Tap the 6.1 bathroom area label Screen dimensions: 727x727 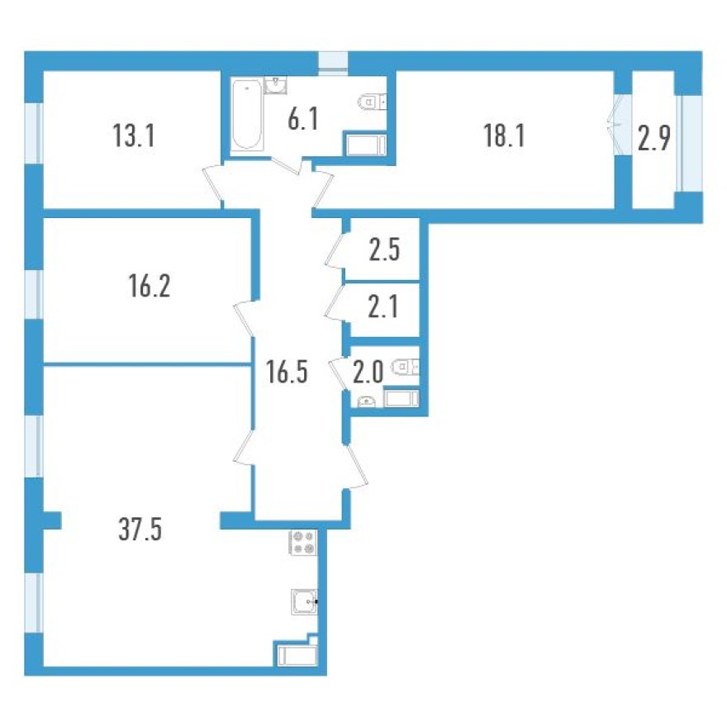pos(303,121)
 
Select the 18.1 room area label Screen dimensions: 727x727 pos(505,136)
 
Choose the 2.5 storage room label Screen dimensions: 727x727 pos(385,249)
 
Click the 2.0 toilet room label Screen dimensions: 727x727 pos(368,371)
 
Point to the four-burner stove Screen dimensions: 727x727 pos(303,542)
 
